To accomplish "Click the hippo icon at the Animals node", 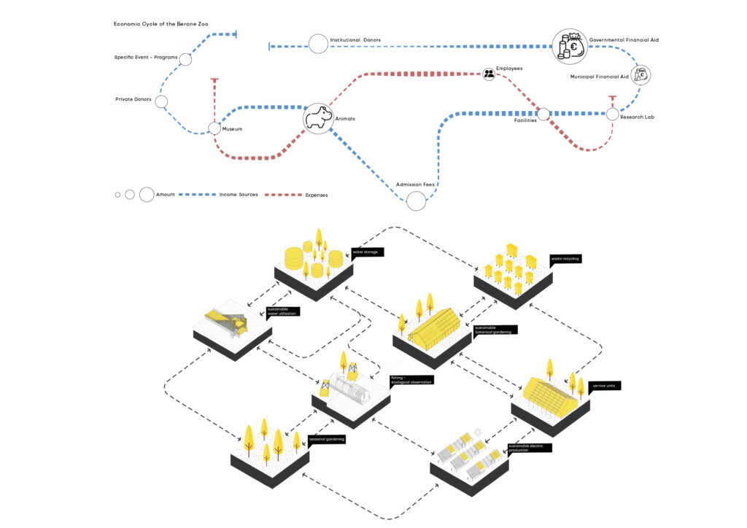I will coord(318,117).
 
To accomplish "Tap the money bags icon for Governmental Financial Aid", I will coord(569,47).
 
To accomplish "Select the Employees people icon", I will coord(489,74).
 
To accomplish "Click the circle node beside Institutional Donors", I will coord(318,44).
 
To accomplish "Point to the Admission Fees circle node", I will coord(416,201).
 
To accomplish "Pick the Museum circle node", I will coord(214,128).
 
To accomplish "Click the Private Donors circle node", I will coord(162,102).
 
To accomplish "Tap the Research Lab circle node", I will coord(613,114).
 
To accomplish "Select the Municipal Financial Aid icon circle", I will coord(642,74).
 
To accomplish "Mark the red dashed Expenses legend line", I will coord(282,195).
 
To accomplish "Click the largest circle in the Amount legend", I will coord(147,195).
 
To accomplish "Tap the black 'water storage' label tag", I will coord(368,252).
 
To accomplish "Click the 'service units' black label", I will coord(604,385).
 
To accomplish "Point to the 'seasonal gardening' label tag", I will coord(326,439).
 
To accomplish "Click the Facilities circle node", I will coord(543,114).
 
